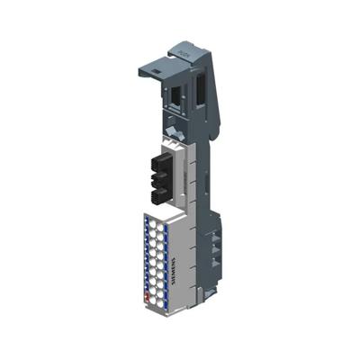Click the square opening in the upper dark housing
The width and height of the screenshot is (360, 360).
171,95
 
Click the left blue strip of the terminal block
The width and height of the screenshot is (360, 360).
146,256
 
